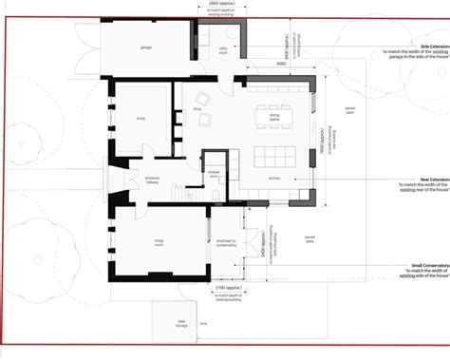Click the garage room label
147,46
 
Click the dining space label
274,118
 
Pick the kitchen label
275,178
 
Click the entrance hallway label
158,180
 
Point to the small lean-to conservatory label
225,241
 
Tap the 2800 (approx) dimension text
220,5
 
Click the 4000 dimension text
282,64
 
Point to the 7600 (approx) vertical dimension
325,143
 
